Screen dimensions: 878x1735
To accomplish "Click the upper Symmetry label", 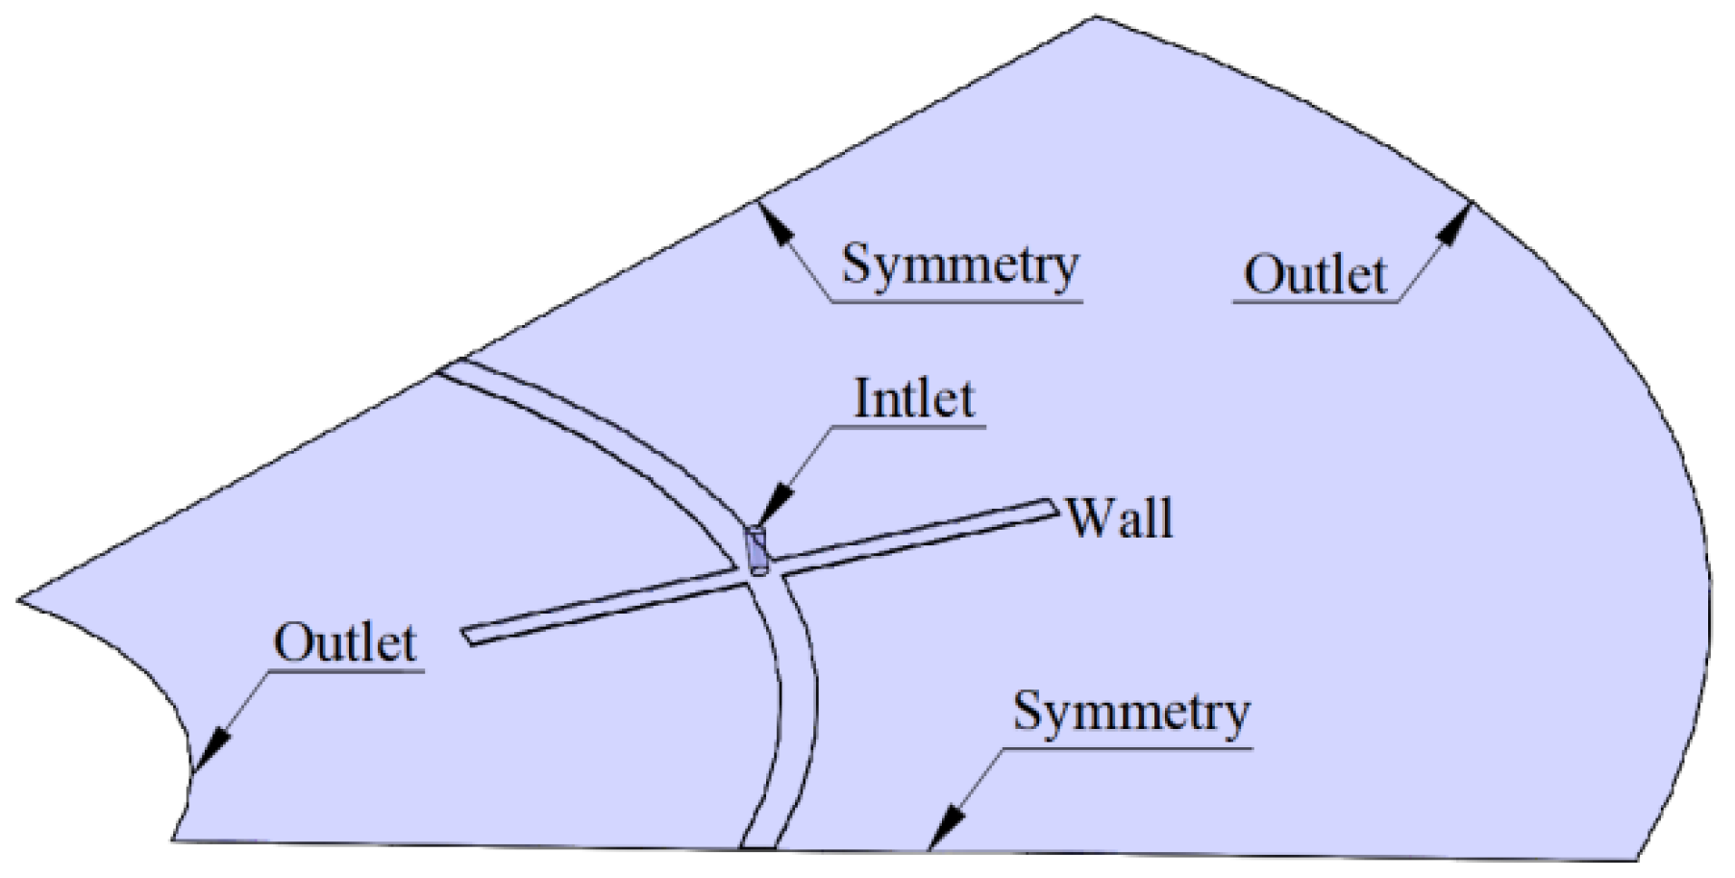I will pos(959,264).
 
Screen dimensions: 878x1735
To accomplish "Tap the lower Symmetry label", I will pos(1131,713).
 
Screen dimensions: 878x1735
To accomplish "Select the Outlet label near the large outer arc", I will pos(1315,274).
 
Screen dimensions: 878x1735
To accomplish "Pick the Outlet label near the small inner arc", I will pos(345,642).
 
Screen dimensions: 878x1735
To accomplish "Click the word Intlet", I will pos(914,398).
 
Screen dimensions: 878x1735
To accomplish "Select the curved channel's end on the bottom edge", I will pos(758,846).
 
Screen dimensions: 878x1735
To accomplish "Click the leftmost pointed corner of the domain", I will pos(19,600).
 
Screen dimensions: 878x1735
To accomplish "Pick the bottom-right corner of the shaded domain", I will pos(1636,859).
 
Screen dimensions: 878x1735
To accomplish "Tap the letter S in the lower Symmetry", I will pos(1028,713).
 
